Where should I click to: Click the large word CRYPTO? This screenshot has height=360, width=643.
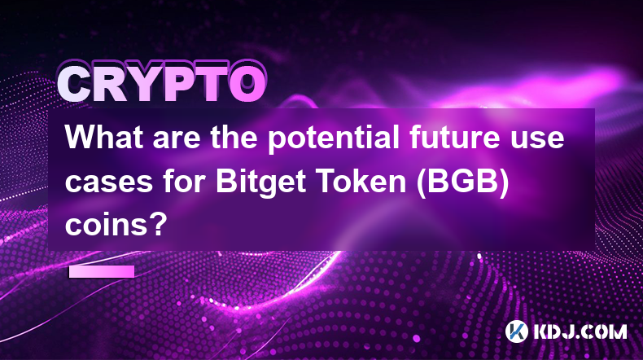162,82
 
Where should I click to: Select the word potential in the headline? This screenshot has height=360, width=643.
334,139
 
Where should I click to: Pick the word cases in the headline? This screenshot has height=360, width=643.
109,183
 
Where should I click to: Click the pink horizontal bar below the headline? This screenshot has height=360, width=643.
102,271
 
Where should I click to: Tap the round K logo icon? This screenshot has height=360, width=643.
516,331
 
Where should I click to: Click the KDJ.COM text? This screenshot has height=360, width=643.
580,331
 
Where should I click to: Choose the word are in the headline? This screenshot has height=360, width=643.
177,141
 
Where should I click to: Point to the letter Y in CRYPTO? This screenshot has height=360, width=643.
146,83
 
